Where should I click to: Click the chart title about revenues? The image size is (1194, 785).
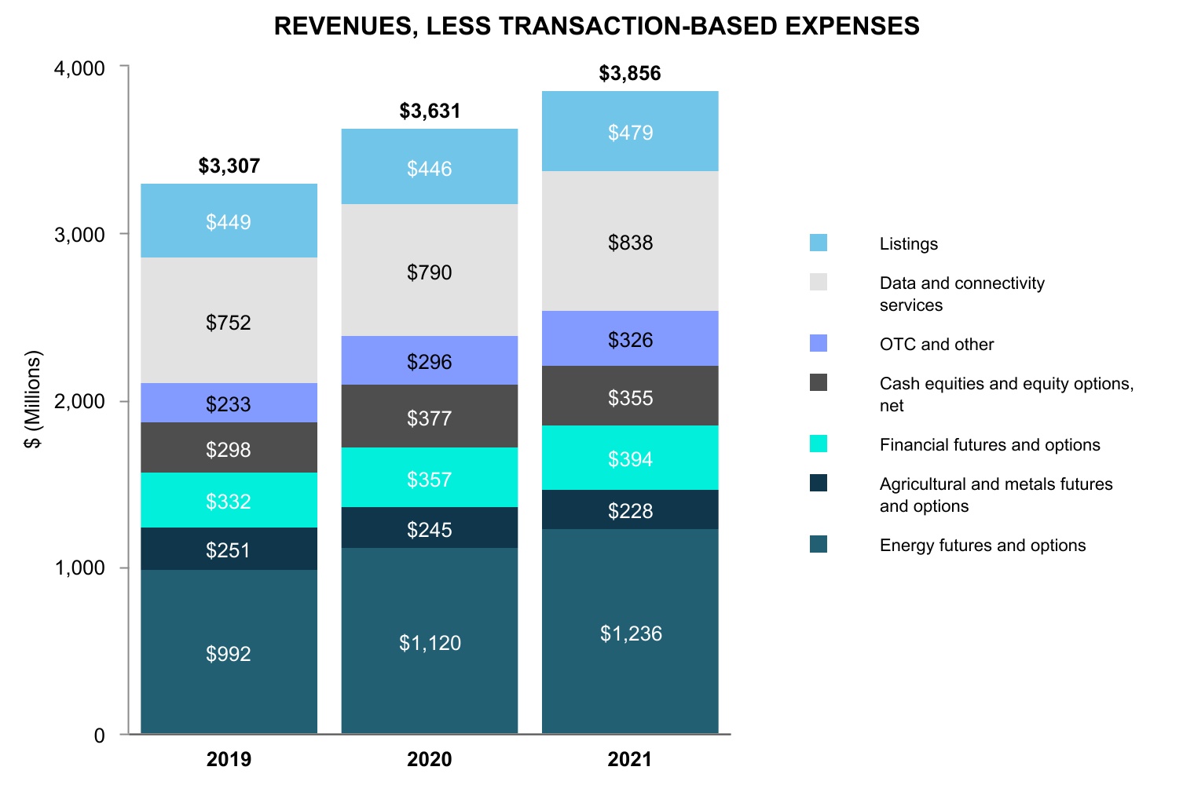pos(596,26)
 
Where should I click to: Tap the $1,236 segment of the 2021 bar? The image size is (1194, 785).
pos(630,633)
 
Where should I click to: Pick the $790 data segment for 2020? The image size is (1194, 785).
pos(429,272)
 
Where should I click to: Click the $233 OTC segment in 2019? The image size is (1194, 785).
pos(229,403)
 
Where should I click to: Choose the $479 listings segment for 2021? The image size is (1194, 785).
pos(630,132)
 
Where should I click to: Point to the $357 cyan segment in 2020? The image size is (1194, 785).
pos(429,478)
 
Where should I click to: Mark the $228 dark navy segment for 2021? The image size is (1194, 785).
pos(630,510)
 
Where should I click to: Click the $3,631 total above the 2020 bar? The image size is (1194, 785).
pos(430,111)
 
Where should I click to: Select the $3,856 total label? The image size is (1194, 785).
pos(630,73)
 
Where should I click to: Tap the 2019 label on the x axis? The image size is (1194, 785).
pos(229,759)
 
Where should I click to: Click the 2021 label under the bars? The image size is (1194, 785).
pos(630,759)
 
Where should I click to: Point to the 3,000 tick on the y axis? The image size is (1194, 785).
pos(79,235)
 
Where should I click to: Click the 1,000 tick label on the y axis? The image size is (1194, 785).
pos(79,568)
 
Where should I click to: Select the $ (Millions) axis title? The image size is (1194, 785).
pos(32,400)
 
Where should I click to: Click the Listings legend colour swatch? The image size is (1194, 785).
pos(819,243)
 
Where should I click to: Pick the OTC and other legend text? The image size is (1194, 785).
pos(936,344)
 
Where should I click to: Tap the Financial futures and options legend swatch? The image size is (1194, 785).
pos(819,444)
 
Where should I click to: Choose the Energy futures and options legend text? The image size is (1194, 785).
pos(982,545)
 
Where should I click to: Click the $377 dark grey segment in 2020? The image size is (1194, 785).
pos(429,418)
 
